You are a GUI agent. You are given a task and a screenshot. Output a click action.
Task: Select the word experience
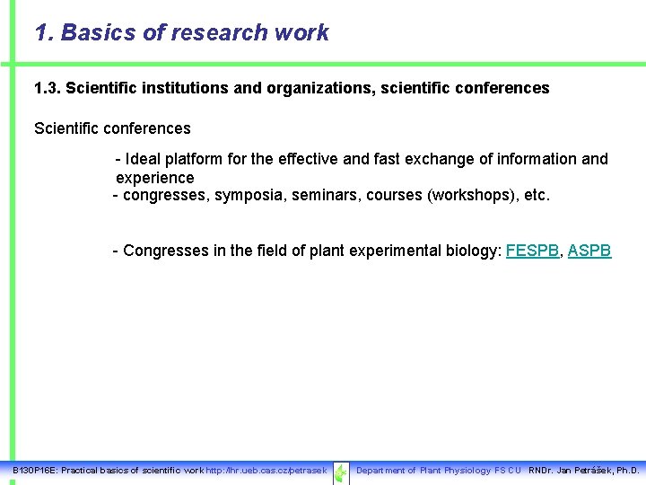click(x=154, y=178)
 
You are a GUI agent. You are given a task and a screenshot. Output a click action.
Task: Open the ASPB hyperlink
click(x=589, y=251)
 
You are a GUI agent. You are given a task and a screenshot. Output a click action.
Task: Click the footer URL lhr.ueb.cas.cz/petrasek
click(x=266, y=471)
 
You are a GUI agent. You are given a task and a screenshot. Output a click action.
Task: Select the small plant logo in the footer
click(x=341, y=472)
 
